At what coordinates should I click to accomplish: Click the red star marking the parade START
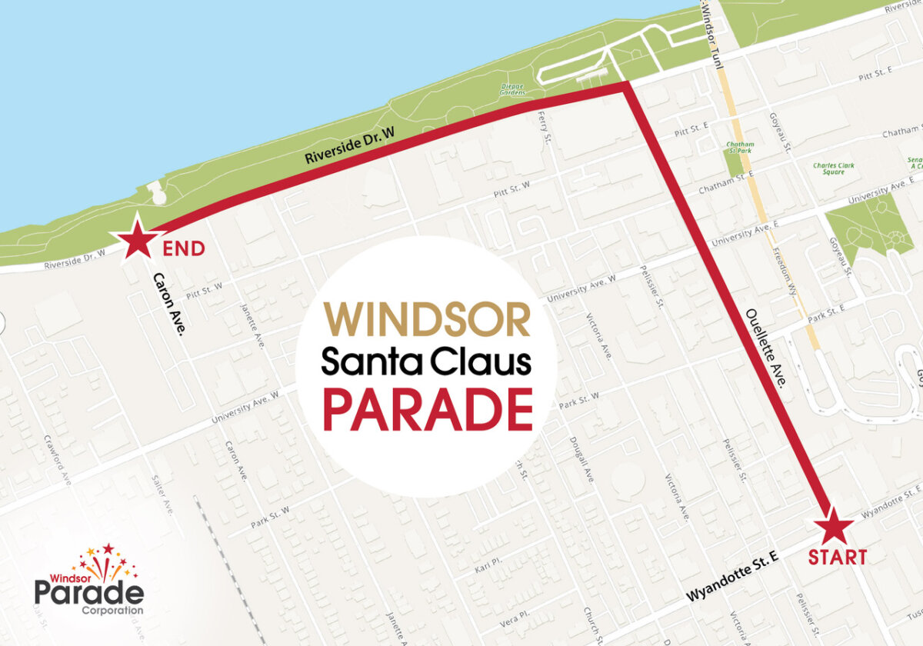pos(834,529)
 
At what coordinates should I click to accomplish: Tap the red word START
pos(837,558)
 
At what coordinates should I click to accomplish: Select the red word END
pos(184,248)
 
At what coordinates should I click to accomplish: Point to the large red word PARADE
pos(428,409)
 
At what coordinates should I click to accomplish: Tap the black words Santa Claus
pos(426,362)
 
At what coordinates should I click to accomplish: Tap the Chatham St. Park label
pos(740,148)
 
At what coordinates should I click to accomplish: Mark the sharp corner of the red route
pos(626,86)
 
